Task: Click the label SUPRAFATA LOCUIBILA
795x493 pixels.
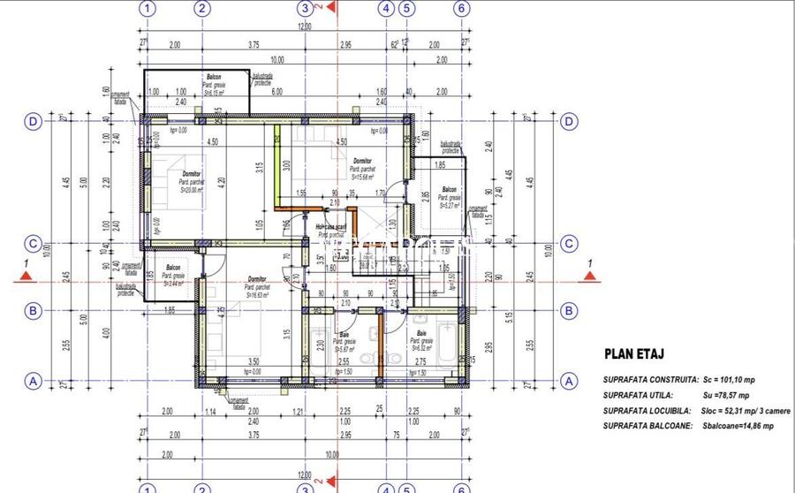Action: (648, 411)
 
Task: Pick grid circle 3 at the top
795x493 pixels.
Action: (304, 9)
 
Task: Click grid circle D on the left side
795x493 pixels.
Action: (34, 122)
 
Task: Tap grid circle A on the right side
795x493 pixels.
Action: (570, 382)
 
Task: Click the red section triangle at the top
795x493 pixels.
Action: (330, 8)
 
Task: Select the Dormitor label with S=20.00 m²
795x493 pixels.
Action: (191, 174)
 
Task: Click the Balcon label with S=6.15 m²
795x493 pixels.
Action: (214, 78)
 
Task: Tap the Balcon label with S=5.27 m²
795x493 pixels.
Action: (449, 190)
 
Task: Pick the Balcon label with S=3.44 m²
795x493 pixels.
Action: (174, 268)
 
